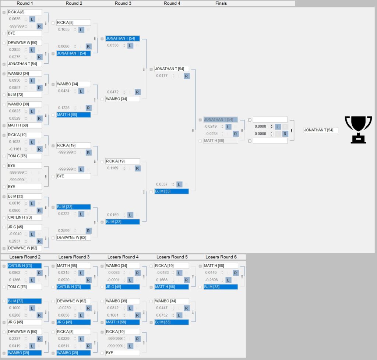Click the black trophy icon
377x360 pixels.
(358, 130)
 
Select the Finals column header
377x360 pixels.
(221, 3)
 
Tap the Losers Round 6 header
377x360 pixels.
(221, 257)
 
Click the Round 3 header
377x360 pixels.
(123, 3)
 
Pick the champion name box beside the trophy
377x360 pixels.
(321, 130)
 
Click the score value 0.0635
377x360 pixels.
(15, 19)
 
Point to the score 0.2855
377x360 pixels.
(15, 50)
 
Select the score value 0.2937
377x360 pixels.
(15, 241)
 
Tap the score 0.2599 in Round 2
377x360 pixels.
(64, 230)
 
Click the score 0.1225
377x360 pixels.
(64, 108)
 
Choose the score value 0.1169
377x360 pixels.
(113, 168)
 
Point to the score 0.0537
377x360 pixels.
(162, 184)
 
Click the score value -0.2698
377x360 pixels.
(211, 280)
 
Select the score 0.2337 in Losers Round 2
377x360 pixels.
(15, 339)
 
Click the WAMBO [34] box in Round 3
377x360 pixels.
(123, 99)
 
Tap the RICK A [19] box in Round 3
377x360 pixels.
(123, 161)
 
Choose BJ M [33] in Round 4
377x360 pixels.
(172, 191)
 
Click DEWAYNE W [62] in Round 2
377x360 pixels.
(74, 237)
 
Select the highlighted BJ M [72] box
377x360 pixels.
(24, 301)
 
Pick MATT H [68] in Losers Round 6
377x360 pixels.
(221, 266)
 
